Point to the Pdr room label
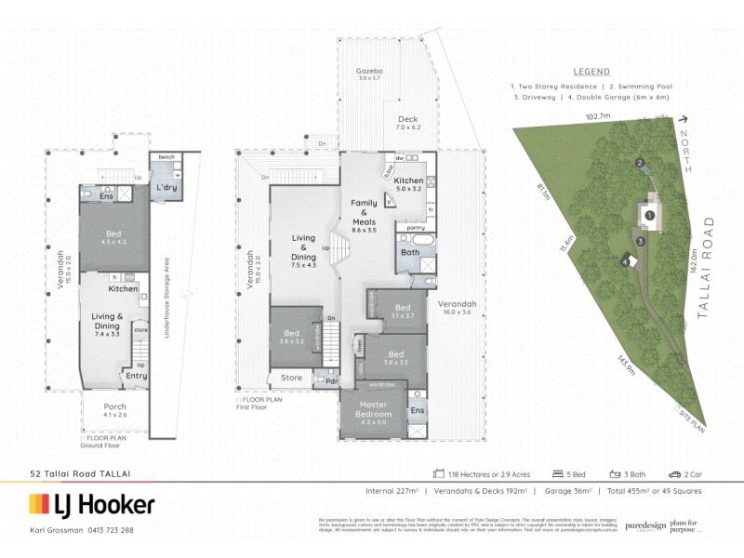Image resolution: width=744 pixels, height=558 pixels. [x=330, y=379]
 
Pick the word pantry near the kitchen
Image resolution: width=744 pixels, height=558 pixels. [x=417, y=227]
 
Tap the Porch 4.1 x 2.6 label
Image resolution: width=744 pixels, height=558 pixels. [x=115, y=411]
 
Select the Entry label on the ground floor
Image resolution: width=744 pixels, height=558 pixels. [x=136, y=376]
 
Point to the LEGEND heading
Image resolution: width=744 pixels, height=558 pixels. [x=591, y=72]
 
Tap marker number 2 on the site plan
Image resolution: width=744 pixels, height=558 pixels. [x=640, y=164]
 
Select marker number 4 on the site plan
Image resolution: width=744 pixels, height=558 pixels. [x=624, y=261]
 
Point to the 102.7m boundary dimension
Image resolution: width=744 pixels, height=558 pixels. [x=597, y=116]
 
